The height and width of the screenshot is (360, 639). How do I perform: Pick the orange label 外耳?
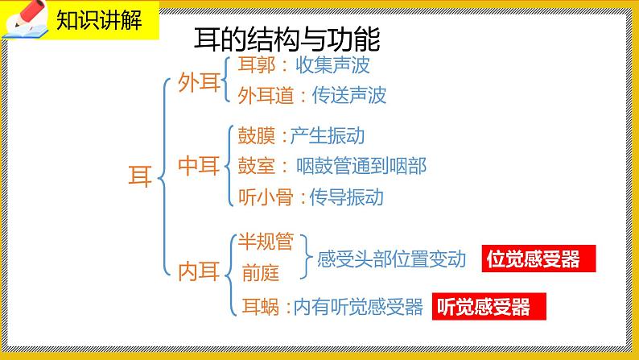[198, 82]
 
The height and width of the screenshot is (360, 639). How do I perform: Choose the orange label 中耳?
[198, 167]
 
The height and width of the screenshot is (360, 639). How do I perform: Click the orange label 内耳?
[198, 271]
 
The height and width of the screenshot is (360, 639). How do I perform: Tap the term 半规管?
[263, 241]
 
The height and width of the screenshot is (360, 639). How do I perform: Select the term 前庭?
[260, 272]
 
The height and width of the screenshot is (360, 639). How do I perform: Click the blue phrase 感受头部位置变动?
[392, 259]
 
